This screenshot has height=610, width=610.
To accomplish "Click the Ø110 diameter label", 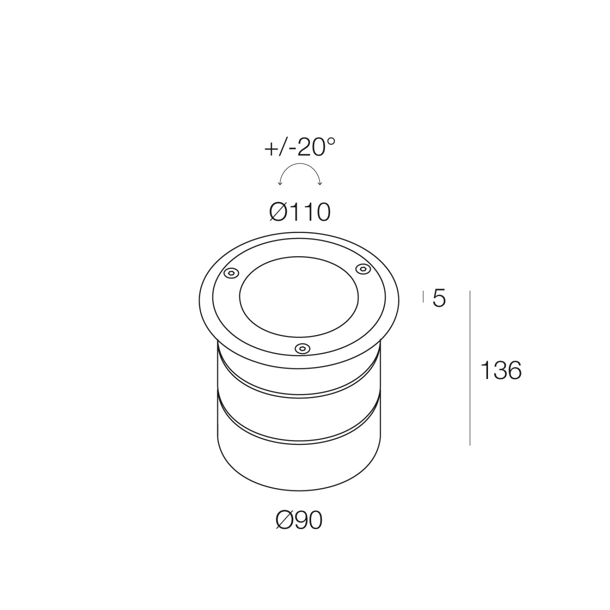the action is coord(300,212).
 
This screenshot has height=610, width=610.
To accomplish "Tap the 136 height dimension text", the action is coord(501,370).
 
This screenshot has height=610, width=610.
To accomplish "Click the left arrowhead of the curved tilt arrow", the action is coord(280,184).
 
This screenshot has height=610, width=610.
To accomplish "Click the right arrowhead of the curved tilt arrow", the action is coord(320,184).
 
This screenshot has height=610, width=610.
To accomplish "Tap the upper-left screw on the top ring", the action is coord(231,273).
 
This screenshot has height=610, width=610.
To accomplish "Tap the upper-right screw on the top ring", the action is coord(363,269).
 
